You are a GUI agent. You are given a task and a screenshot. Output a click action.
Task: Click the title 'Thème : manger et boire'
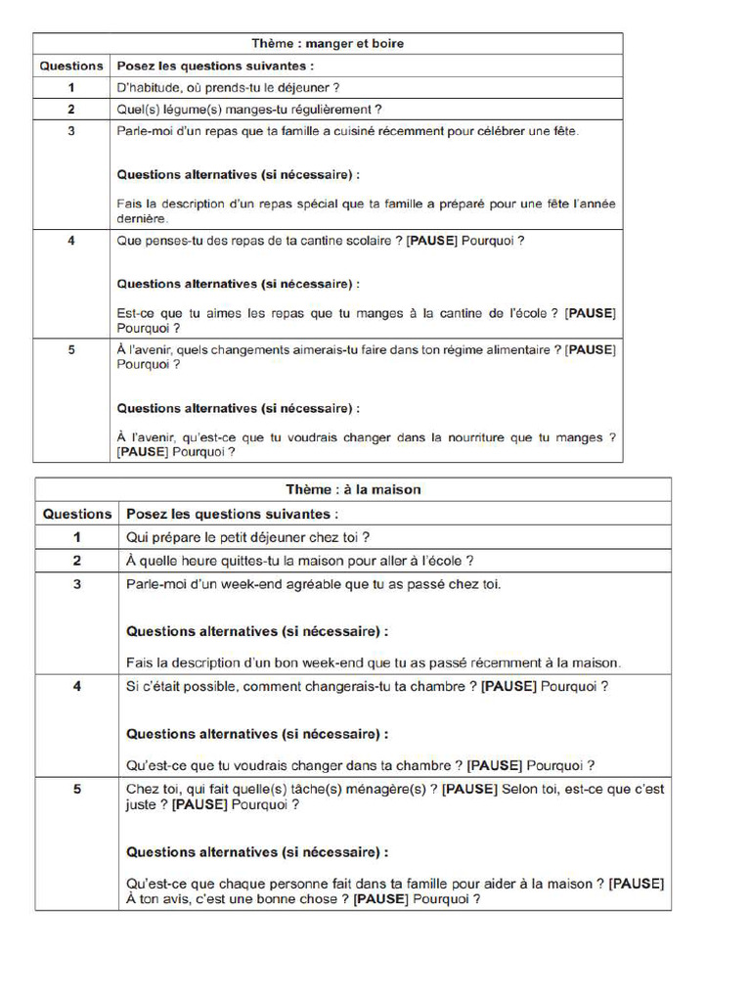click(x=328, y=43)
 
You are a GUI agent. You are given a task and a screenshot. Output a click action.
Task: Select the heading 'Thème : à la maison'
click(x=353, y=489)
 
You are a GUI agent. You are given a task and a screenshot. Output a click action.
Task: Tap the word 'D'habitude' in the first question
click(x=148, y=88)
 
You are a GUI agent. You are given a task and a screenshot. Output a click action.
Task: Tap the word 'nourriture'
click(x=494, y=438)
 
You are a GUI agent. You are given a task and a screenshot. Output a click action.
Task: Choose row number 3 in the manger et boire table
click(x=71, y=131)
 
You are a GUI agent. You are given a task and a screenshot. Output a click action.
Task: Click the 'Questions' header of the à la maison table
click(x=77, y=514)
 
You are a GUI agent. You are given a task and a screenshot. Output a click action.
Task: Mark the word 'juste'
click(x=146, y=805)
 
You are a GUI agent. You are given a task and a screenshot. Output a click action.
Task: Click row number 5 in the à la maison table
click(x=77, y=790)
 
